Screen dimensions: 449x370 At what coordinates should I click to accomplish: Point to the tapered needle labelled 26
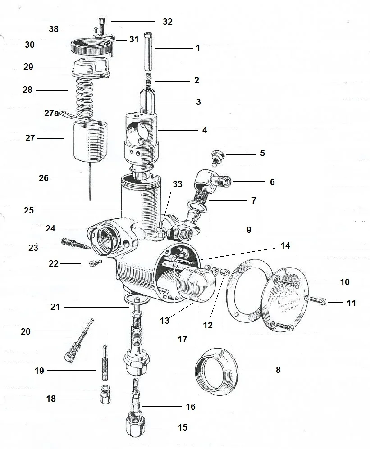coord(90,185)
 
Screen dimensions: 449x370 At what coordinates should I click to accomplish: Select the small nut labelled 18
coord(104,395)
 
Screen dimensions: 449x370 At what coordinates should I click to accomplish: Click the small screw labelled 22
coord(95,263)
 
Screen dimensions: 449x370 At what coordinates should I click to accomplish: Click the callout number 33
coord(178,185)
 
